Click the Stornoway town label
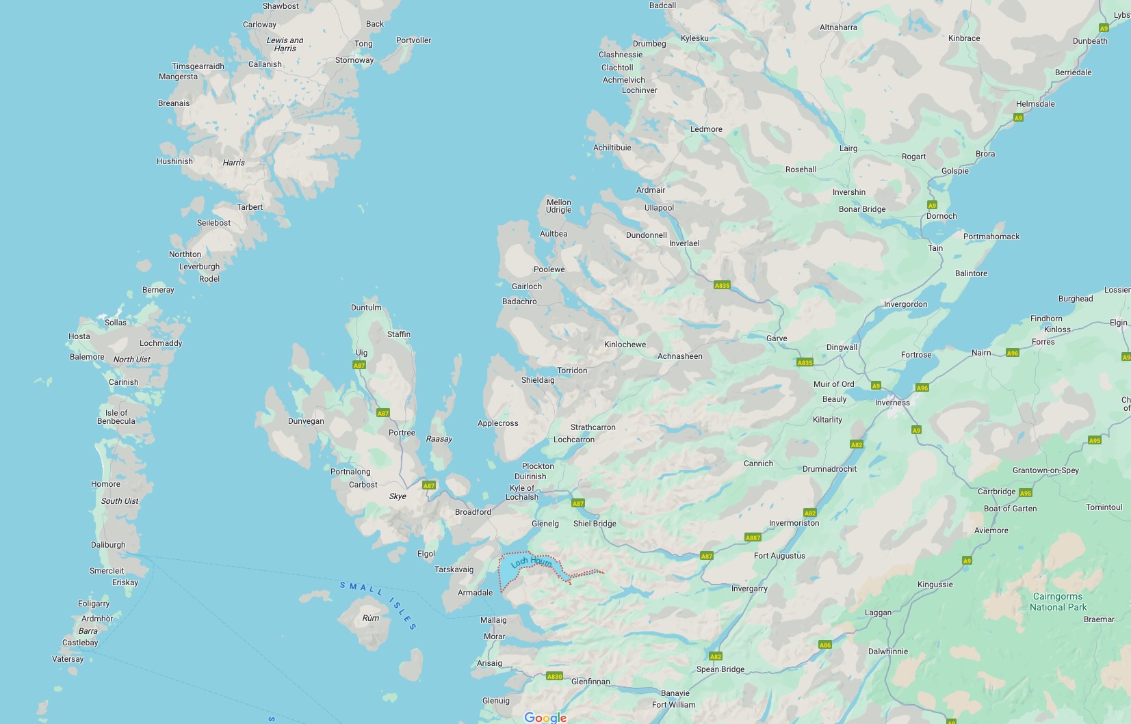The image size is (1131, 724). pyautogui.click(x=354, y=60)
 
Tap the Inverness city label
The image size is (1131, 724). pyautogui.click(x=892, y=403)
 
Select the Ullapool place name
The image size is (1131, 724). pyautogui.click(x=659, y=208)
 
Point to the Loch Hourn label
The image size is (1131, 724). pyautogui.click(x=531, y=563)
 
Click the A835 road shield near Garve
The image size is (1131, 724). pyautogui.click(x=805, y=362)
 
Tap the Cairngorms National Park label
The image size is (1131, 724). pyautogui.click(x=1058, y=602)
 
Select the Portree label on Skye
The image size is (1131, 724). pyautogui.click(x=402, y=433)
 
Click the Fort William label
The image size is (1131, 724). pyautogui.click(x=673, y=705)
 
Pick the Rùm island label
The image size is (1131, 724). pyautogui.click(x=370, y=618)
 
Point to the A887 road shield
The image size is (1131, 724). pyautogui.click(x=753, y=537)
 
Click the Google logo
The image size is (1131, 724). pyautogui.click(x=545, y=717)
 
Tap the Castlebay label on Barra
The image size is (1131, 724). pyautogui.click(x=80, y=643)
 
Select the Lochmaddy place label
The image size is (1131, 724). pyautogui.click(x=161, y=343)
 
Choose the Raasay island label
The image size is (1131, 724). pyautogui.click(x=439, y=439)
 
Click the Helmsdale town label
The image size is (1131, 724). pyautogui.click(x=1035, y=104)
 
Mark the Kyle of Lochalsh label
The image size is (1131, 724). pyautogui.click(x=522, y=493)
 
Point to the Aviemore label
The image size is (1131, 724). pyautogui.click(x=991, y=531)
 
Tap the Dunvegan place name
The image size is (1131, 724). pyautogui.click(x=306, y=421)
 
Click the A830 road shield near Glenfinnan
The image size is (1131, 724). pyautogui.click(x=554, y=676)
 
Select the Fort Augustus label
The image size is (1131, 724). pyautogui.click(x=779, y=556)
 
